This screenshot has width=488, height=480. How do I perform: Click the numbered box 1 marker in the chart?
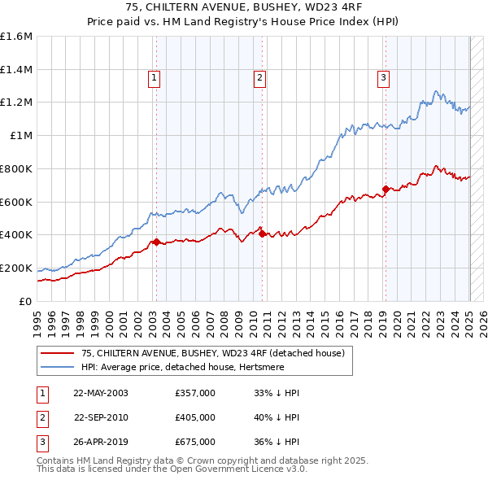pos(155,78)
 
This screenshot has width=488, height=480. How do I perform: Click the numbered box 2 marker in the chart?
pos(259,78)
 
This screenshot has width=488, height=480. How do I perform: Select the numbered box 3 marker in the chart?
pos(383,78)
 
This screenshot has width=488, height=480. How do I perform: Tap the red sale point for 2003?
pos(156,242)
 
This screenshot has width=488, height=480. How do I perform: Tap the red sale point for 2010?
pos(262,233)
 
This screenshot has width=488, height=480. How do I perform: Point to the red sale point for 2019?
pos(386,189)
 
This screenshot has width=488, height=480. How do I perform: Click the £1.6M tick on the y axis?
pos(16,37)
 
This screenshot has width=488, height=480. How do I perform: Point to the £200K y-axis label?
pos(16,268)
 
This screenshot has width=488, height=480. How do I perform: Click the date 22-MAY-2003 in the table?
pos(101,393)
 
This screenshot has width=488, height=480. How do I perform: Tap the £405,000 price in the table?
pos(195,417)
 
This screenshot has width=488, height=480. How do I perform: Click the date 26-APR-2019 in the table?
pos(101,443)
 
